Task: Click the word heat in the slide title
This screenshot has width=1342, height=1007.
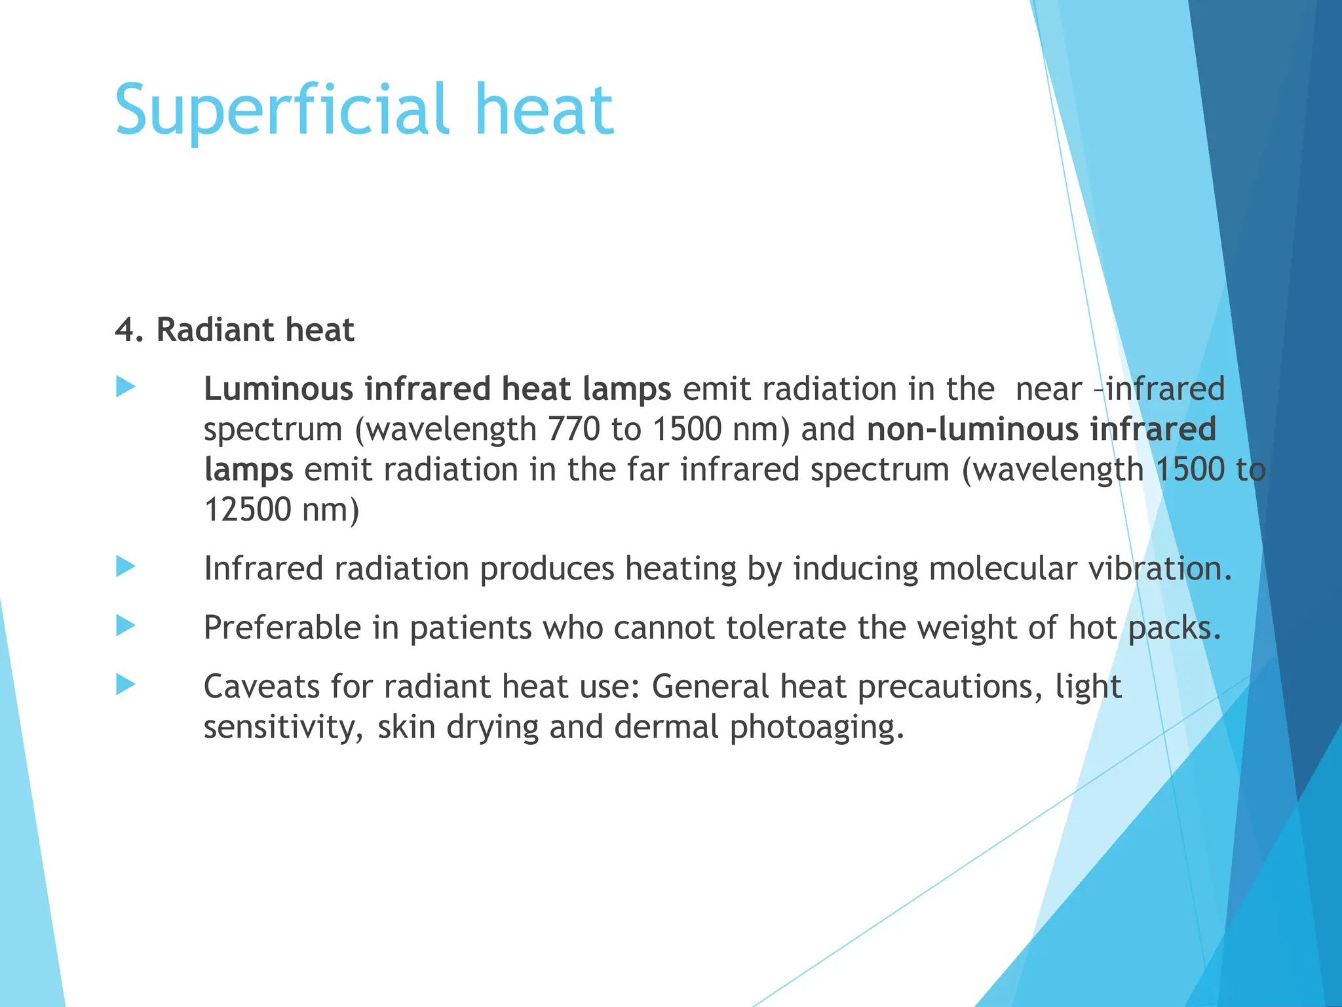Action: pyautogui.click(x=549, y=110)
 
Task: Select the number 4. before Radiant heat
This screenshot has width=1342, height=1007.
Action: pyautogui.click(x=128, y=330)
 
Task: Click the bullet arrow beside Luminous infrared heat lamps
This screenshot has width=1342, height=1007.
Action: pyautogui.click(x=125, y=387)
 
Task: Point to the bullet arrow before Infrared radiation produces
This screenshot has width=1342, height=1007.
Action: pyautogui.click(x=125, y=566)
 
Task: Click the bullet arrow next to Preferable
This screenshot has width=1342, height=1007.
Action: pyautogui.click(x=125, y=625)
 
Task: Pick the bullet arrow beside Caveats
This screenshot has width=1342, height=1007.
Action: pyautogui.click(x=125, y=684)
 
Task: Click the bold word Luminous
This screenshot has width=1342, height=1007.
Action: pyautogui.click(x=278, y=389)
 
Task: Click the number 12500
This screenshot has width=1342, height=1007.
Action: pyautogui.click(x=248, y=509)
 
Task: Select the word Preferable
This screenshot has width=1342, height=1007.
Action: pyautogui.click(x=282, y=628)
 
